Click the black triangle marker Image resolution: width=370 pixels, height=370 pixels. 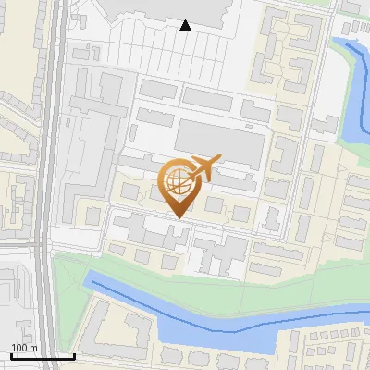(x=186, y=25)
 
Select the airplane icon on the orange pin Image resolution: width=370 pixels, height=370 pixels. (x=203, y=169)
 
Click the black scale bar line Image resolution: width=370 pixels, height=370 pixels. (x=42, y=356)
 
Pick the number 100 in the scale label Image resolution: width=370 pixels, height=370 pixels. (x=19, y=347)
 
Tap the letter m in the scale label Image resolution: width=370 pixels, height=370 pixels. (x=33, y=347)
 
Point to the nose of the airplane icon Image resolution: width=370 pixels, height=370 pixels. (x=220, y=159)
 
